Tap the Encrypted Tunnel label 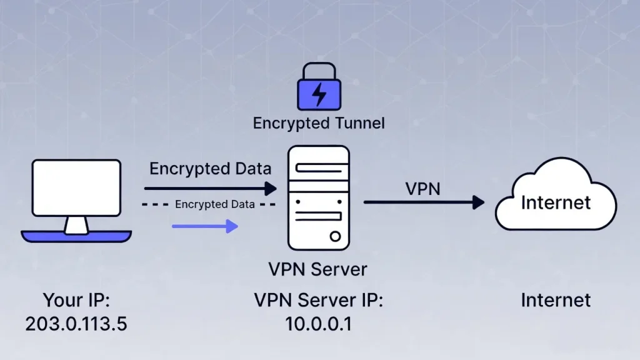click(x=319, y=123)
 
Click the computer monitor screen click(x=76, y=187)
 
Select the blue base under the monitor click(x=76, y=236)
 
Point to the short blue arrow click(x=205, y=226)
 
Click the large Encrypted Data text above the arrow click(x=210, y=169)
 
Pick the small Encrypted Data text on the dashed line click(x=214, y=204)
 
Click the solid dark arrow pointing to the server click(x=210, y=188)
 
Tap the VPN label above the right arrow click(x=423, y=187)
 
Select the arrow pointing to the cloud click(x=424, y=202)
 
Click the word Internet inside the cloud click(x=556, y=202)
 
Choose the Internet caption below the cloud click(x=556, y=301)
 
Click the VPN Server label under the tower click(x=317, y=269)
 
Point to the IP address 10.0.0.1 click(x=318, y=324)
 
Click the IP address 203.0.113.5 click(x=76, y=324)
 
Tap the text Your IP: click(x=76, y=301)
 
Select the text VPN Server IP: click(x=318, y=301)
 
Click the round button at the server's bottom click(x=336, y=236)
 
